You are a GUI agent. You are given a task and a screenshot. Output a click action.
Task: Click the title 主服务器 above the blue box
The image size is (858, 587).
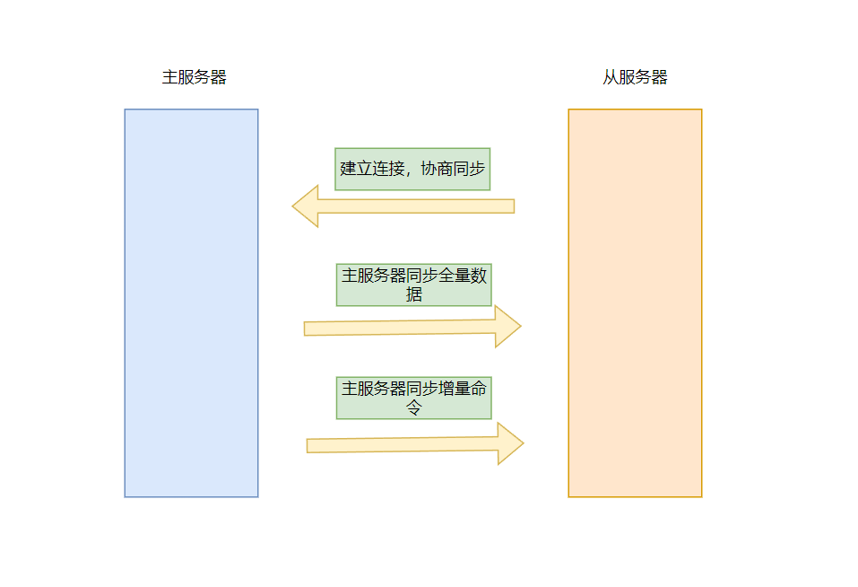(x=195, y=77)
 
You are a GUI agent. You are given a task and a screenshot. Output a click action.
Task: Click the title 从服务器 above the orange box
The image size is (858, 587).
(x=635, y=77)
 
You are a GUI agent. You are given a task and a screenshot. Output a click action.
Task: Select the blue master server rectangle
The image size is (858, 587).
(x=192, y=302)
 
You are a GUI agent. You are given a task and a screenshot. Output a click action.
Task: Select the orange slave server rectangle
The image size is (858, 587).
(x=635, y=302)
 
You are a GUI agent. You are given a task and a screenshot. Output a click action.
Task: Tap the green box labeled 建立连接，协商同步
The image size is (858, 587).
(x=412, y=170)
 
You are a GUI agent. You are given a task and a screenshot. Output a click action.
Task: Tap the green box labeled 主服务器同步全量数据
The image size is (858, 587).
(x=413, y=285)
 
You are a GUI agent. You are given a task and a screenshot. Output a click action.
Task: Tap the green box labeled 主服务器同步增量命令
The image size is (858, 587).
(x=413, y=399)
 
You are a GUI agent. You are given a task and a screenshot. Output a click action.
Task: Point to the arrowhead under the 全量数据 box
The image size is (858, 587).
(x=507, y=327)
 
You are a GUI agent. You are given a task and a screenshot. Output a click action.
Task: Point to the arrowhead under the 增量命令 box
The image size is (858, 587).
(x=510, y=443)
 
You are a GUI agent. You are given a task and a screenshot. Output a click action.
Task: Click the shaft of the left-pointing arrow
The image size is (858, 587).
(x=416, y=206)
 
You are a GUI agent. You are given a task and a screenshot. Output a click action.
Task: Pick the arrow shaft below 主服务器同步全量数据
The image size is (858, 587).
(x=400, y=328)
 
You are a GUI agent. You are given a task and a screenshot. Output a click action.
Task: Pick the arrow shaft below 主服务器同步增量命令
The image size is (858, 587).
(x=403, y=444)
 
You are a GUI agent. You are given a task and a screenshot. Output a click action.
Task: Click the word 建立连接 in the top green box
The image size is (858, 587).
(x=372, y=169)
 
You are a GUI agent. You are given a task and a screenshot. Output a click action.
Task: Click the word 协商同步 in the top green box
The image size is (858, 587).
(x=453, y=169)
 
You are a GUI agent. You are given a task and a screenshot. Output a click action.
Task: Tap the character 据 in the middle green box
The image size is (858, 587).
(x=414, y=294)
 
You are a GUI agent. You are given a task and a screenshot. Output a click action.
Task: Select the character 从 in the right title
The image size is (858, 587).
(x=611, y=77)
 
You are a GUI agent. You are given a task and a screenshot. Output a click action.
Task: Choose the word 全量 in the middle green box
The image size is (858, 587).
(x=455, y=276)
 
